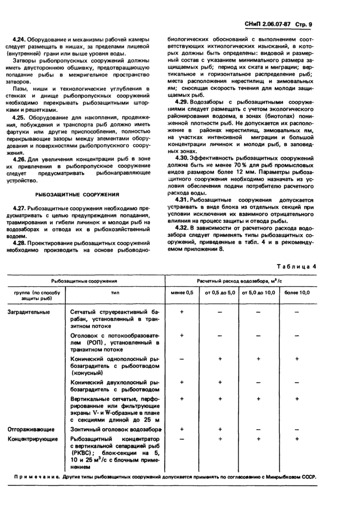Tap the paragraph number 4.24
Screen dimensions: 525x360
(x=19, y=40)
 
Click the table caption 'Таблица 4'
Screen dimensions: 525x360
(x=297, y=266)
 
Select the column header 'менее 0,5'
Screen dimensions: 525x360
(x=182, y=292)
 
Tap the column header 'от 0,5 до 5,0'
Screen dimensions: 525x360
(x=220, y=292)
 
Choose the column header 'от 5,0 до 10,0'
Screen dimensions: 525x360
(x=259, y=292)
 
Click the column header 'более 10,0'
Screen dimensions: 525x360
(x=297, y=292)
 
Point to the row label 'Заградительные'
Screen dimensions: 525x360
(x=28, y=312)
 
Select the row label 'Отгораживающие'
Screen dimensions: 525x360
(x=30, y=429)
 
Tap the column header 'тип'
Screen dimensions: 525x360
(x=114, y=292)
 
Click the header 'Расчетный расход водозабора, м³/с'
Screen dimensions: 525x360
(x=240, y=281)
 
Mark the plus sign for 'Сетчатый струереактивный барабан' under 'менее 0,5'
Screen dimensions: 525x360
(x=182, y=312)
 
